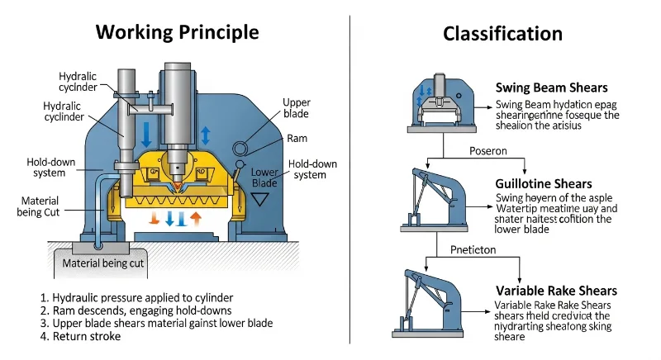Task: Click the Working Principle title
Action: pos(177,32)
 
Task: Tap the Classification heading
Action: pos(502,34)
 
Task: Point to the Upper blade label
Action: pos(297,108)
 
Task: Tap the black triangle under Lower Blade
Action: pos(265,199)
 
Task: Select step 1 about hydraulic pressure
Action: pos(136,297)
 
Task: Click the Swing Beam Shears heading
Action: pos(551,88)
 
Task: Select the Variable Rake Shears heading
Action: pos(556,291)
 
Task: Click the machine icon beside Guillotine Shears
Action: pos(437,198)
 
